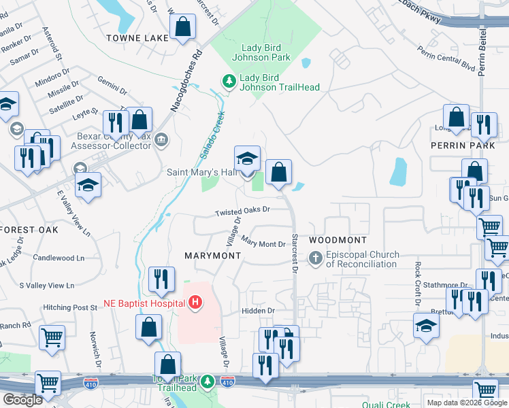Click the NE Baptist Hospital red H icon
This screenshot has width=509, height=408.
click(x=196, y=302)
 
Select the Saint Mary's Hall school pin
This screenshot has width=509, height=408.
click(x=248, y=159)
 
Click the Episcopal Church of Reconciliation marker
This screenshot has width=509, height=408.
click(x=315, y=258)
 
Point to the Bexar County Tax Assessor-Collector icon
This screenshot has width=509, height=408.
click(x=161, y=141)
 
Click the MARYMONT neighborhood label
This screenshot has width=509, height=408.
click(x=213, y=255)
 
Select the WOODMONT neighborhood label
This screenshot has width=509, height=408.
click(x=338, y=240)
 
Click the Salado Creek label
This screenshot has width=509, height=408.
click(x=212, y=135)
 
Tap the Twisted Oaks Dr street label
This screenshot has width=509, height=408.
click(x=243, y=211)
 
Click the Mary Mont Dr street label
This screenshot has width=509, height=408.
click(x=262, y=243)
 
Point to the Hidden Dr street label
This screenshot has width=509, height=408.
click(x=258, y=311)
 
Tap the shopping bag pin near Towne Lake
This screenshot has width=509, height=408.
click(x=182, y=29)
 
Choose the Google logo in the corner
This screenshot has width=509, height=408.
click(x=22, y=400)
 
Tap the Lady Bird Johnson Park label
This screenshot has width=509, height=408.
click(x=266, y=52)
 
